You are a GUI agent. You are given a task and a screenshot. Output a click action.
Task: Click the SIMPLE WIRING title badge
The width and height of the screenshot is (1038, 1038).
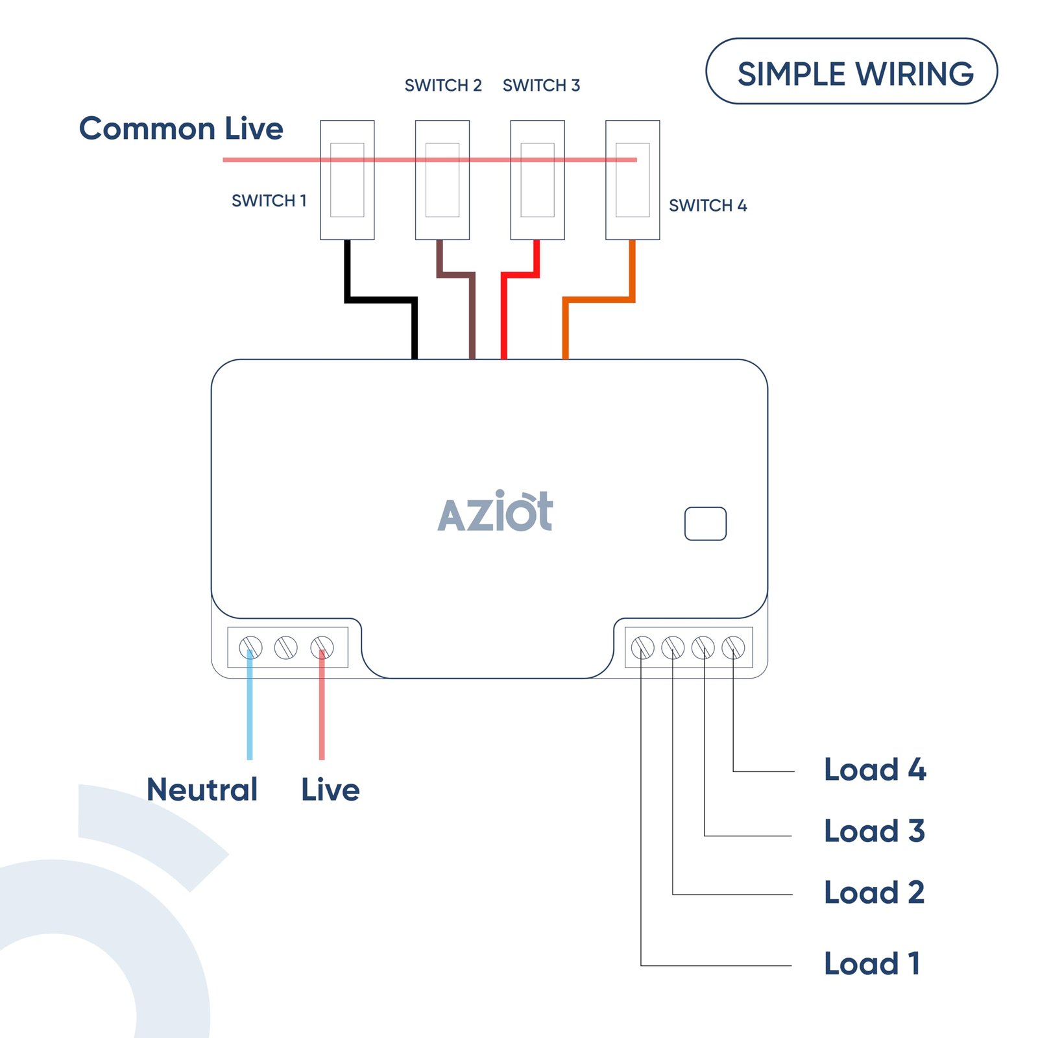(851, 72)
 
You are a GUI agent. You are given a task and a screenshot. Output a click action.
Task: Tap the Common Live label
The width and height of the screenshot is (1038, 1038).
(181, 128)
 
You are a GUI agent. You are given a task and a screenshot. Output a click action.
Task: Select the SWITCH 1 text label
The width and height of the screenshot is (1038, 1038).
(269, 200)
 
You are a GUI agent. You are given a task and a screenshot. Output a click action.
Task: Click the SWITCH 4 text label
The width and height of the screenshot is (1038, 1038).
(708, 206)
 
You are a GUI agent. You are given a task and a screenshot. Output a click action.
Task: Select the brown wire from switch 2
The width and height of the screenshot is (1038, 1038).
(472, 318)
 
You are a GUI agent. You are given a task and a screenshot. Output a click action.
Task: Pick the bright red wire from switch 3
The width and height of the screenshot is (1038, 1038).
(504, 318)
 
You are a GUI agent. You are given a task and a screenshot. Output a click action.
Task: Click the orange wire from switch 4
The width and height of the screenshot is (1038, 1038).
(597, 300)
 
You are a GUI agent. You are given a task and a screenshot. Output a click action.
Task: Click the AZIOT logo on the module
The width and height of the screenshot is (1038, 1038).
(496, 512)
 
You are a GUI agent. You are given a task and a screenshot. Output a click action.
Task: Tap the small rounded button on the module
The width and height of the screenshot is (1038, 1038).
(705, 524)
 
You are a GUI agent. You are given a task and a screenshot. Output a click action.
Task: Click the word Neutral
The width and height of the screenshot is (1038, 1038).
(202, 790)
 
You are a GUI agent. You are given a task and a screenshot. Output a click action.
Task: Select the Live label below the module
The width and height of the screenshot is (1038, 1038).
(330, 790)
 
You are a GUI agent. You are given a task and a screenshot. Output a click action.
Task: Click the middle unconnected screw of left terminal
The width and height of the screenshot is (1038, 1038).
(286, 647)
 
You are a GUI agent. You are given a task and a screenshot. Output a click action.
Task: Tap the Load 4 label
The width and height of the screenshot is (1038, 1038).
(875, 769)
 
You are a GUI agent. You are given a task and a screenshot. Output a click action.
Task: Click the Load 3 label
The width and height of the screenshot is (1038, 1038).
(874, 831)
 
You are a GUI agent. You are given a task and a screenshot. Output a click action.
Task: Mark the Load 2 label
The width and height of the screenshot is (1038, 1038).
(873, 893)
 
